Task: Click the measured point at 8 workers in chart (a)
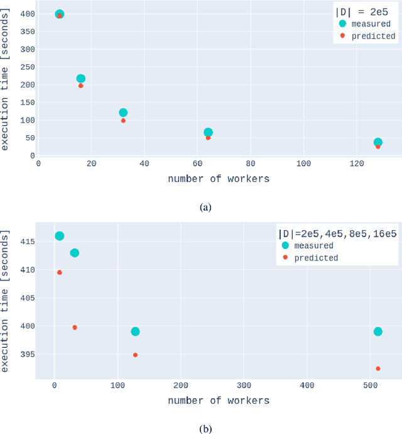(60, 14)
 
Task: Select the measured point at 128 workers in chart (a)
(378, 143)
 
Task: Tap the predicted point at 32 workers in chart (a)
(123, 121)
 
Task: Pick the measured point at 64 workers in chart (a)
(208, 133)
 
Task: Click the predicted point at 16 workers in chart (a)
(81, 86)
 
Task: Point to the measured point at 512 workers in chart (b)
(378, 331)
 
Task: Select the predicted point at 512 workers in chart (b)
(378, 369)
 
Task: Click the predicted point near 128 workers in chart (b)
(135, 355)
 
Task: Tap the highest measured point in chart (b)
(60, 236)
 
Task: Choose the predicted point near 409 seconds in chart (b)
(60, 272)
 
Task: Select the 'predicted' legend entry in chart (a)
(373, 36)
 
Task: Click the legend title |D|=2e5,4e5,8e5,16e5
(337, 234)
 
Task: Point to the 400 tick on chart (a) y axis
(26, 14)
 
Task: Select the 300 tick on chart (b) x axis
(244, 385)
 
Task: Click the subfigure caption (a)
(205, 207)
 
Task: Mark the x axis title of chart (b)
(219, 401)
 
